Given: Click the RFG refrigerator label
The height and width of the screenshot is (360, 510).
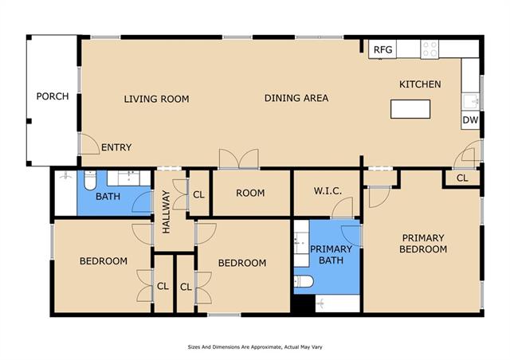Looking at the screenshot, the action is [x=382, y=49].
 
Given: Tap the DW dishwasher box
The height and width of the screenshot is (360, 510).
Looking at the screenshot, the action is [x=470, y=120].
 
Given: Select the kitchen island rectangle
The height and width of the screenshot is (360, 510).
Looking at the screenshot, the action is [x=410, y=109].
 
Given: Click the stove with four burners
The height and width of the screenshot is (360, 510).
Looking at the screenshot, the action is [x=430, y=49].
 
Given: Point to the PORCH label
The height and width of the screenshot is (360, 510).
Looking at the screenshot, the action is [x=53, y=96].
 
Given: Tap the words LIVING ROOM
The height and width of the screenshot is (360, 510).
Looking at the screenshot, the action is [x=156, y=99].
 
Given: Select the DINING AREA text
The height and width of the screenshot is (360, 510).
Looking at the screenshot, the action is [x=296, y=98].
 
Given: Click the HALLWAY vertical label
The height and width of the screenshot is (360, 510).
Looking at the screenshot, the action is [x=167, y=212].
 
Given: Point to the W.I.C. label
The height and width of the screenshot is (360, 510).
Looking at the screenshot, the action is [x=328, y=191].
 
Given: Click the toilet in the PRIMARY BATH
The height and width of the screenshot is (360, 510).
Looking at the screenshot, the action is [x=304, y=281].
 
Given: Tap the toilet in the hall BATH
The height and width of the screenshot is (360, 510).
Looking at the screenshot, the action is [x=90, y=180].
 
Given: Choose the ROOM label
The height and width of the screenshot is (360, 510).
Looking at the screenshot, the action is [x=250, y=194].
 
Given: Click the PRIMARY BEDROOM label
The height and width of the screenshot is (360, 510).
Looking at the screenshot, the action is [x=423, y=244].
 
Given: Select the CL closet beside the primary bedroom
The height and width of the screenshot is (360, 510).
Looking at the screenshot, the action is [x=462, y=178].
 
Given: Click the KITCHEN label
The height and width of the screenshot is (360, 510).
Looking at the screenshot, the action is [x=420, y=84].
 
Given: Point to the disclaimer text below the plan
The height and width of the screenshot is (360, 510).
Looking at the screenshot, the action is [x=255, y=347].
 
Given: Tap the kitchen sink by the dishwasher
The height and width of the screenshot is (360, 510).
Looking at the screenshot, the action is [x=470, y=101].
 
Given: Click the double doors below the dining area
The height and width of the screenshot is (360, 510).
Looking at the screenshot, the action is [x=239, y=159].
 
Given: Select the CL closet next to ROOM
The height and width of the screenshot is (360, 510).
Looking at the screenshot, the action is [x=198, y=194].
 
